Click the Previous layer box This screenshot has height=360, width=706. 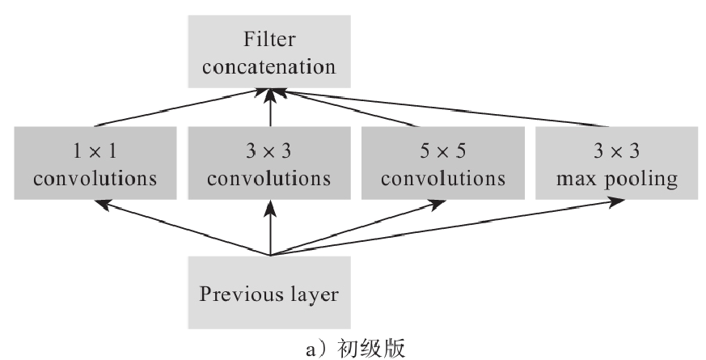pyautogui.click(x=269, y=292)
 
